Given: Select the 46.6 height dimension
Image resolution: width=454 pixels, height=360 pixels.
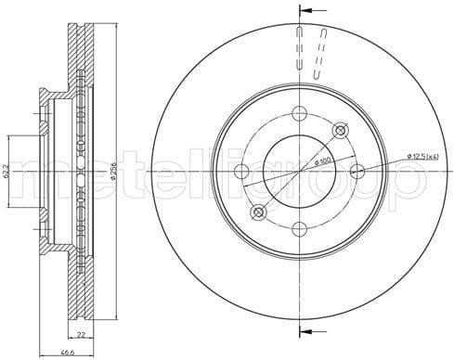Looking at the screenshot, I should tap(67, 353).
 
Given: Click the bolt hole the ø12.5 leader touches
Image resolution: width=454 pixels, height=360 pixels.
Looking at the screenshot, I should tap(357, 171).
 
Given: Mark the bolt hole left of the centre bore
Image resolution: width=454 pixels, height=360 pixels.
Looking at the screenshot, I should tap(242, 171).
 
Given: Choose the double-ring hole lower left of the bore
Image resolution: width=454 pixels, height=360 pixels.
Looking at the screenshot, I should tap(259, 212).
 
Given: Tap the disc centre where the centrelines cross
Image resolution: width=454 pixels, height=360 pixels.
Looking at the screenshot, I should tap(299, 171).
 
